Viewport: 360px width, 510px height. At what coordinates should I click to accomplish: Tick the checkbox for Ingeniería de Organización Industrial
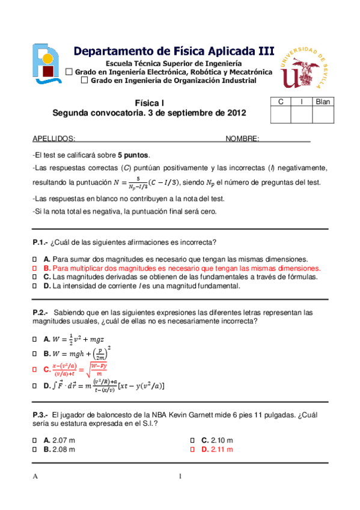click(84, 80)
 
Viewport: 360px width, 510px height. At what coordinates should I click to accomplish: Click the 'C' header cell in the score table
click(280, 102)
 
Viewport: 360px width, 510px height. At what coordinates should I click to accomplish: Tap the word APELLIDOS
click(53, 138)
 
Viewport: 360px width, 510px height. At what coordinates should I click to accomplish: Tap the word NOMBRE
click(242, 138)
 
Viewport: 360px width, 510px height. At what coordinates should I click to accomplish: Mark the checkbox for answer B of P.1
click(35, 268)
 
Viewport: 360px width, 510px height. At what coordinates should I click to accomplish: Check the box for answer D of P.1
click(35, 286)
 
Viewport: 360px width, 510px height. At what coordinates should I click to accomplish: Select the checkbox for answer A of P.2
click(35, 339)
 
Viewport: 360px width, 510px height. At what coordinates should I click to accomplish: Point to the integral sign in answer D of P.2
click(55, 386)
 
